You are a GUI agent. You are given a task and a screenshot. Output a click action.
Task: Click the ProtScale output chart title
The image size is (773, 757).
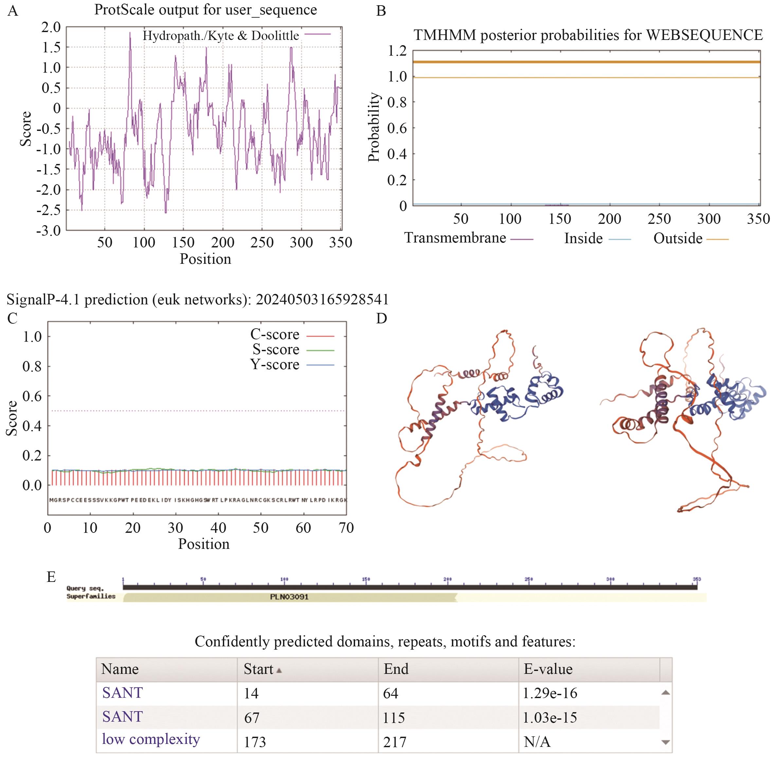205,10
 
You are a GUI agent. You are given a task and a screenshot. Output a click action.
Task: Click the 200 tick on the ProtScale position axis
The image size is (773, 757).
223,242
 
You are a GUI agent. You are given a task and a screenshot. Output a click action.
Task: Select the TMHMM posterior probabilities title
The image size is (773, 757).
588,35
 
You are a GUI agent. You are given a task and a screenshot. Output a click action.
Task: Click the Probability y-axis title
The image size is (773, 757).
374,127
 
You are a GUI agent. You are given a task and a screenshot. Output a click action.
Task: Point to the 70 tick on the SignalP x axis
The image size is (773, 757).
346,528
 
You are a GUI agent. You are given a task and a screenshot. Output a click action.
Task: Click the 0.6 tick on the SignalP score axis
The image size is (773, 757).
32,396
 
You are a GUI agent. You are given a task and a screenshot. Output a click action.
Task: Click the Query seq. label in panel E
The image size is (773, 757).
85,588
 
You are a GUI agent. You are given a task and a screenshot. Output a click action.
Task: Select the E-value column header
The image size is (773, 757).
548,669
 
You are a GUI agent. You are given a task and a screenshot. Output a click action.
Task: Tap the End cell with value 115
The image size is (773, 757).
394,718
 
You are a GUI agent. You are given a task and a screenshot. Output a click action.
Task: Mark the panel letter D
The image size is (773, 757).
381,318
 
